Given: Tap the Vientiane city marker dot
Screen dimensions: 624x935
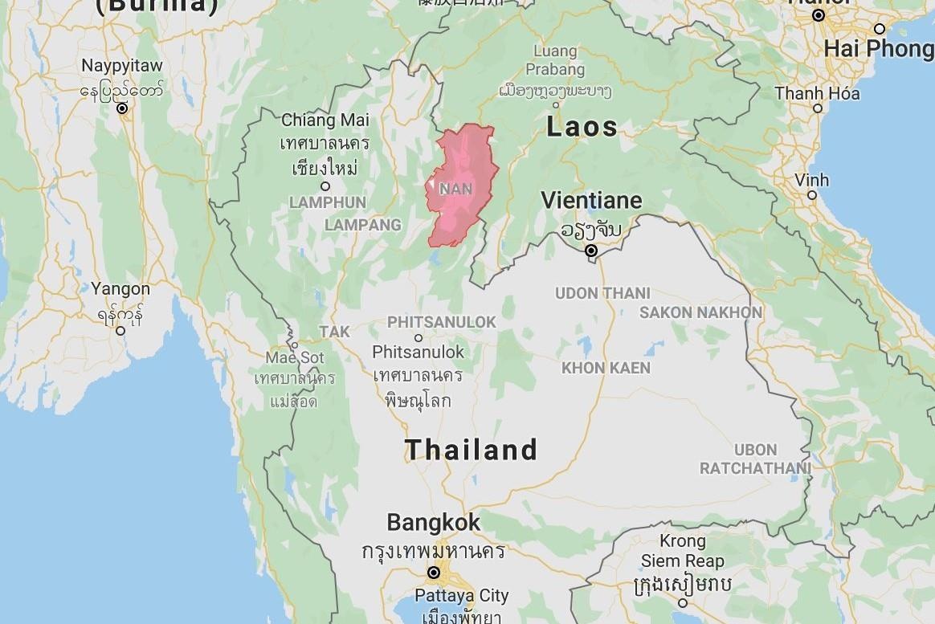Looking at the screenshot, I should (x=591, y=251).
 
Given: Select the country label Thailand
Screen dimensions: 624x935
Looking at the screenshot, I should (x=471, y=450).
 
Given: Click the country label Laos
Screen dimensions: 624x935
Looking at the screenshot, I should (x=582, y=127).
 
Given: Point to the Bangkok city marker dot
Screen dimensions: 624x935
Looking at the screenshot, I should (x=433, y=573).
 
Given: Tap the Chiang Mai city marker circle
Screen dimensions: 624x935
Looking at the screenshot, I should (x=325, y=186).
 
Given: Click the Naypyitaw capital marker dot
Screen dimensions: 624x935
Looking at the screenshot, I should (x=122, y=108).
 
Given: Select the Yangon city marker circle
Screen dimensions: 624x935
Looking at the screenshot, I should (x=120, y=330).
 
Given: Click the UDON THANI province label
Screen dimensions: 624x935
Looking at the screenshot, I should (x=602, y=293).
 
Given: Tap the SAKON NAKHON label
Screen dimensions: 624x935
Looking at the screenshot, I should (x=700, y=312).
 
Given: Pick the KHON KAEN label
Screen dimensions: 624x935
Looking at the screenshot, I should (x=606, y=368).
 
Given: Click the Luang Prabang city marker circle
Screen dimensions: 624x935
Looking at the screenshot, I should (x=555, y=104).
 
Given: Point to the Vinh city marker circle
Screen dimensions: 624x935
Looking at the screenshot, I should (x=812, y=194).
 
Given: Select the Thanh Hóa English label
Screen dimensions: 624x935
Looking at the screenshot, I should (x=817, y=93).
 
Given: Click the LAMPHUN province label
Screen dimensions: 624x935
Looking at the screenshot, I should (x=327, y=202).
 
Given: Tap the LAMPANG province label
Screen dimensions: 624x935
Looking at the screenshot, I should (x=362, y=225).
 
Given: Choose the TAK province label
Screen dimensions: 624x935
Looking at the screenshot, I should (x=334, y=331).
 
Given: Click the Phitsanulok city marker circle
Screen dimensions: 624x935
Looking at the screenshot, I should (x=418, y=338).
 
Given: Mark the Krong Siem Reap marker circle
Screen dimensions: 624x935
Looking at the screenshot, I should (x=683, y=602).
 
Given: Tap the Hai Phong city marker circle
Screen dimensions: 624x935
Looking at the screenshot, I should (x=880, y=29).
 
